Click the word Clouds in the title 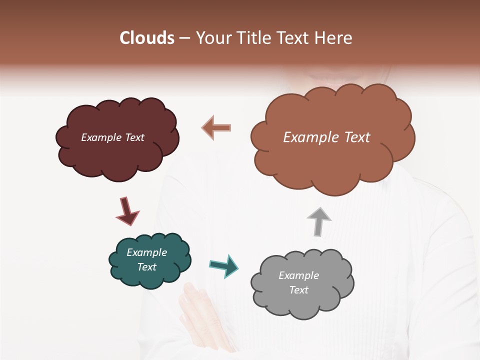click(x=147, y=38)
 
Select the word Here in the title click(x=334, y=38)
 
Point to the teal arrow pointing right click(x=223, y=265)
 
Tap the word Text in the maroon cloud click(x=134, y=137)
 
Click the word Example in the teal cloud click(x=146, y=252)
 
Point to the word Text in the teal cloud click(x=146, y=267)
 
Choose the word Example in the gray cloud click(x=298, y=275)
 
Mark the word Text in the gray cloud click(x=298, y=290)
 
